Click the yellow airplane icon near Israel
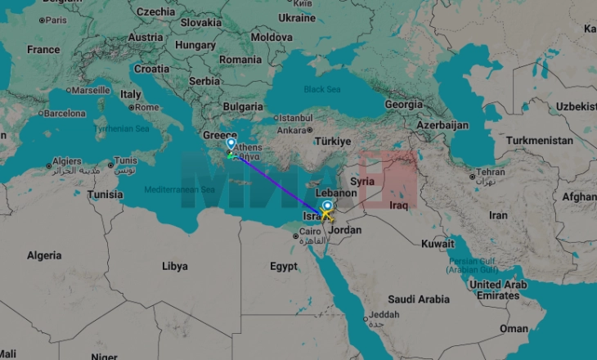tap(326, 215)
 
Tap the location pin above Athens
tap(231, 143)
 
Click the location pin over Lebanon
tap(328, 206)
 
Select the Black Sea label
tap(322, 89)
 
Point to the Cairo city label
tap(312, 232)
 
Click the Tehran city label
tap(492, 173)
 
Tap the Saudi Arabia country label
tap(419, 299)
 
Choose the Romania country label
tap(240, 60)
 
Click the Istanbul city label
tap(294, 118)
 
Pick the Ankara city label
tap(293, 130)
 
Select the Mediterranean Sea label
tap(179, 189)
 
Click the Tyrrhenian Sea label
tap(121, 128)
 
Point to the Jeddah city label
tap(384, 315)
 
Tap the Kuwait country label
tap(438, 244)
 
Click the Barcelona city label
tap(64, 114)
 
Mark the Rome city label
tap(148, 107)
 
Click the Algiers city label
tap(67, 162)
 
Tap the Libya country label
tap(174, 266)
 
